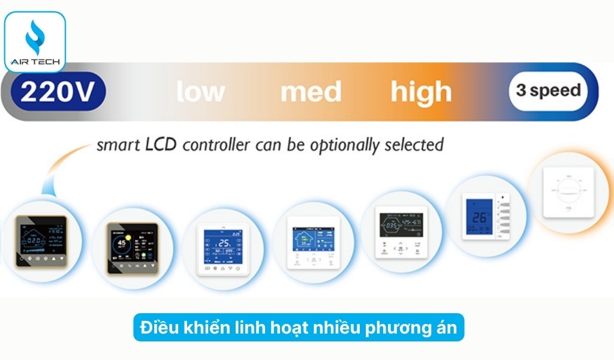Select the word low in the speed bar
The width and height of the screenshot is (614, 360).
pos(201,92)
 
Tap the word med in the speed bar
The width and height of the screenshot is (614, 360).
pos(311,92)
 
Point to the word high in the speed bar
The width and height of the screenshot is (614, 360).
pos(421,92)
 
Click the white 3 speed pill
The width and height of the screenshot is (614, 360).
pos(548,91)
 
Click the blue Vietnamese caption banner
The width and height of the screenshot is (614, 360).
pos(298,328)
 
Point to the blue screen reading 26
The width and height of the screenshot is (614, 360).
pos(478,219)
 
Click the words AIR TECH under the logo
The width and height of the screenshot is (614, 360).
pos(34,62)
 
